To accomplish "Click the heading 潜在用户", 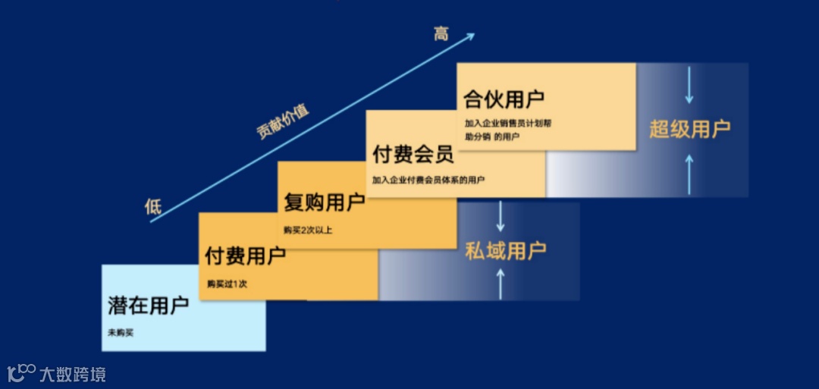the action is [148, 306].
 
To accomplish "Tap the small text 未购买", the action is [121, 333].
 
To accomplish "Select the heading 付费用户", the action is [245, 256].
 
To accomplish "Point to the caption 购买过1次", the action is [227, 284].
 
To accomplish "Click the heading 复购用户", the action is [324, 203].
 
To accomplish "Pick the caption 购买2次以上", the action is [308, 230].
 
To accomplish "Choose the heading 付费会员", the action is [413, 155].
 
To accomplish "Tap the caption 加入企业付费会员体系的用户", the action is [428, 180].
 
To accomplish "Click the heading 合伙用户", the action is [504, 99].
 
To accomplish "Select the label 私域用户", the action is [505, 250].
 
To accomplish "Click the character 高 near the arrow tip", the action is [441, 33].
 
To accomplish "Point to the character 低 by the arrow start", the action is [154, 206].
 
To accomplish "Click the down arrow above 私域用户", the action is [500, 217].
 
